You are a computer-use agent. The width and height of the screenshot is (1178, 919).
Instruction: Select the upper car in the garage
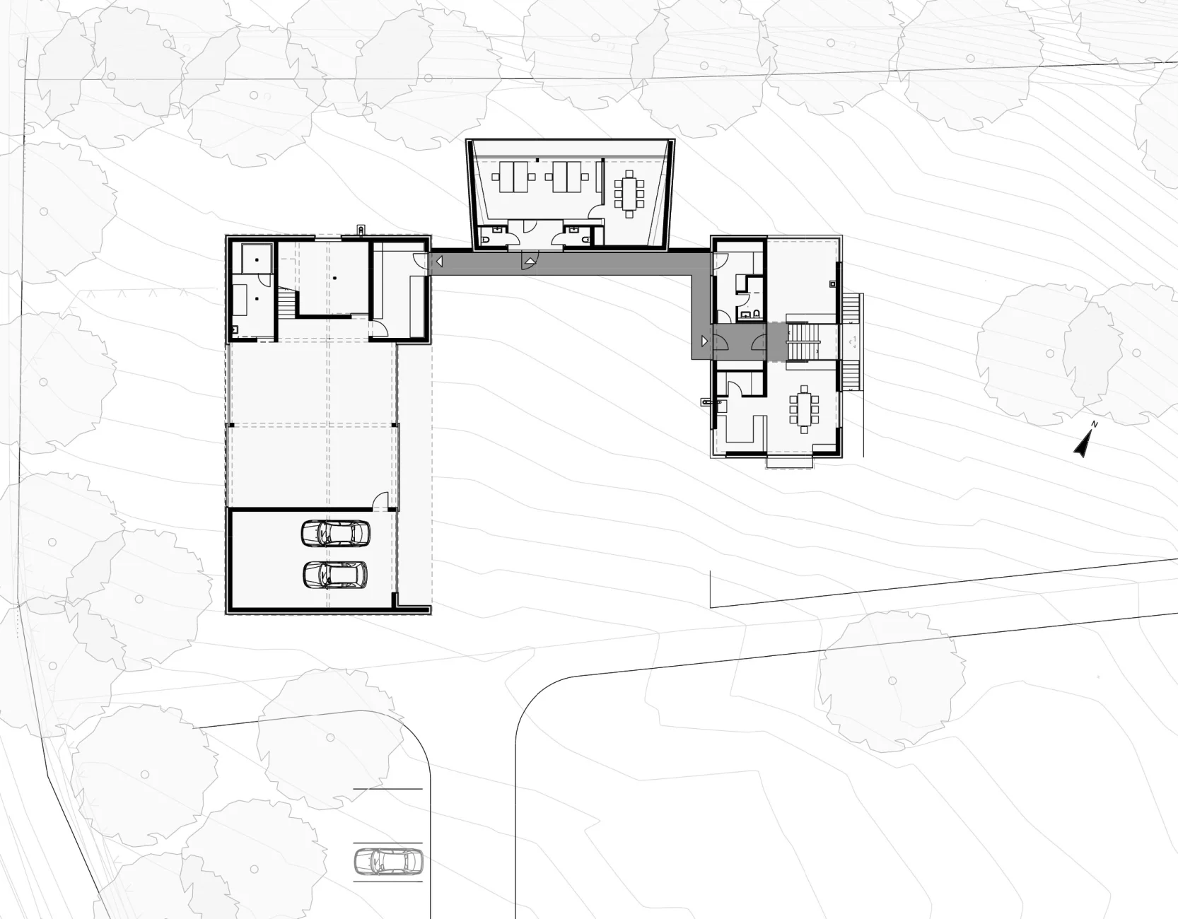click(335, 533)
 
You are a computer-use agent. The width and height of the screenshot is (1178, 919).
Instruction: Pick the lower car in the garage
click(335, 574)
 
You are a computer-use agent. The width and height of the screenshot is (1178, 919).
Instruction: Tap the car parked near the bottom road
click(387, 861)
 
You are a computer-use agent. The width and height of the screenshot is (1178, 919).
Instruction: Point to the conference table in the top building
click(629, 191)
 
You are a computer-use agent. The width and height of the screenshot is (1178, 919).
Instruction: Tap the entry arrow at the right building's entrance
click(703, 341)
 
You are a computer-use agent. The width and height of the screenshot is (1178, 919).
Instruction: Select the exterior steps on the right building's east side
click(851, 341)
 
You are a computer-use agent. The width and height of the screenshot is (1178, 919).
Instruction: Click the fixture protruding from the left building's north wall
click(362, 230)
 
